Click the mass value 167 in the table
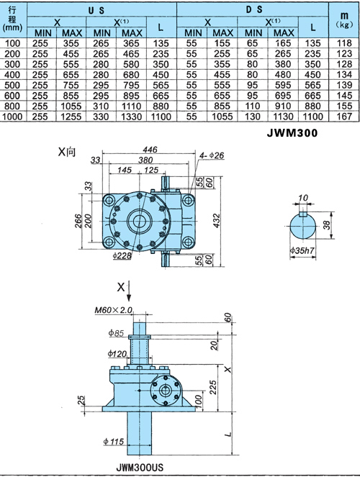344,117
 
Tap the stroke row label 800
12,106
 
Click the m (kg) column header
344,19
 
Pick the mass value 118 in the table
344,43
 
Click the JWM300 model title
292,133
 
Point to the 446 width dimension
150,150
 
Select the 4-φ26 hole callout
211,155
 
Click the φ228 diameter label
122,255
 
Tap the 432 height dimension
216,221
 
